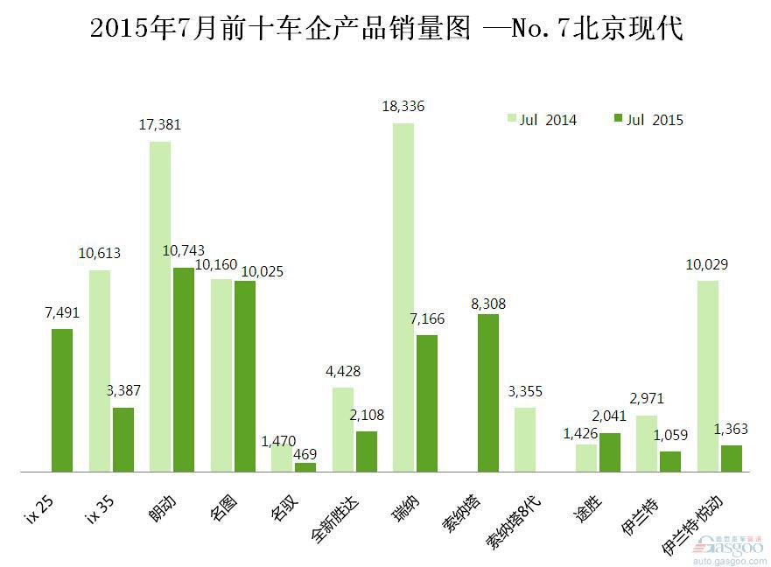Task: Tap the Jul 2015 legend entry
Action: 648,120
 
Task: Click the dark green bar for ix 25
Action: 62,400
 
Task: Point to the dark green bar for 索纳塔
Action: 487,393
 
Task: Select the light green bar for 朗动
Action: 159,306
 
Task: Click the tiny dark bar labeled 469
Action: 305,467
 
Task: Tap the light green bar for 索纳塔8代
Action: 525,439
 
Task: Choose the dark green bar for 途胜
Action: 609,452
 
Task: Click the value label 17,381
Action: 159,125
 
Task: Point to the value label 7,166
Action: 426,319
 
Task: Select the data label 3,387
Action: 123,390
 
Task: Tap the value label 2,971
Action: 646,399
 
